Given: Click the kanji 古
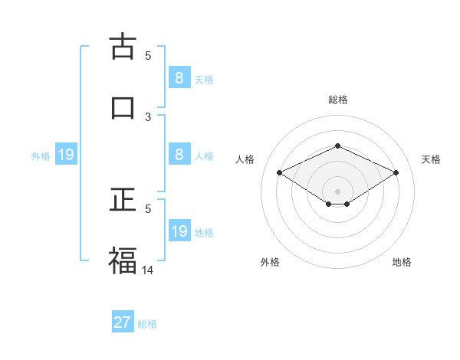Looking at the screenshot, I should pos(123,46).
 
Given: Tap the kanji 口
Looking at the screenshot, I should pos(123,107).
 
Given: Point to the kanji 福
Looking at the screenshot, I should pos(123,260).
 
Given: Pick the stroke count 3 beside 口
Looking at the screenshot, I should pos(149,116).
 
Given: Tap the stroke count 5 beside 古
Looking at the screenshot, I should pos(149,55).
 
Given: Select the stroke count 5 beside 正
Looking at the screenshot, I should pos(149,208).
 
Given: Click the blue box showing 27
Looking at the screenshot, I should pos(123,322).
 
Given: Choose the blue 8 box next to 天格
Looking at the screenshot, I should pos(179,78).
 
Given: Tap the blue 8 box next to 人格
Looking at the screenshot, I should pos(179,155).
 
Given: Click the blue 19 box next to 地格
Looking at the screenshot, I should pos(179,231).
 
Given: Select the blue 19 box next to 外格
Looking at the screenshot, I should pos(66,155).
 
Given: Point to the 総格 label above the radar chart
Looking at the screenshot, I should pos(337,100).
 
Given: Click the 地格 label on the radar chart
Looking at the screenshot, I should pos(402,262).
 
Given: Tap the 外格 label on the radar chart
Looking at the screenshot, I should pos(270,262).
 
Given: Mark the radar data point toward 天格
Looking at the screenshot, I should pos(396,173).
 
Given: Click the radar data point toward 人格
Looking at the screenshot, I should pos(279,173).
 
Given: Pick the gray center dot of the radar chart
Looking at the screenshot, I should pos(337,190).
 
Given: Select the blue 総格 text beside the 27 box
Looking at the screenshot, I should pos(147,324).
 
